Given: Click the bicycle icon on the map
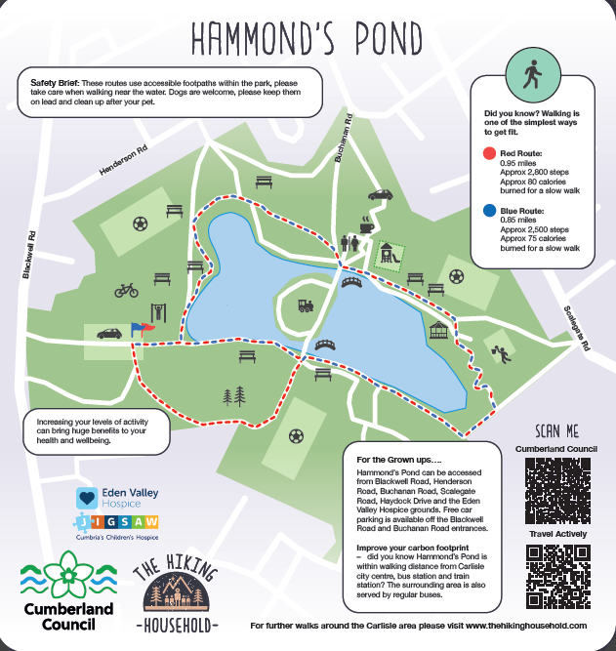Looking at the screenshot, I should (127, 290).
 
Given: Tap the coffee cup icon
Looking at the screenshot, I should (366, 224).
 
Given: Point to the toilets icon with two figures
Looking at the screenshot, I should (349, 242).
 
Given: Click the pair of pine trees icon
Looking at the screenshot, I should (234, 395).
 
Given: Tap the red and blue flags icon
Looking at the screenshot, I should (143, 330).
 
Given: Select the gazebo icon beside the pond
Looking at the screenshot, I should (441, 333).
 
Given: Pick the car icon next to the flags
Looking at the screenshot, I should (108, 333).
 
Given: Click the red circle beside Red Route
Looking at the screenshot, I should (489, 154).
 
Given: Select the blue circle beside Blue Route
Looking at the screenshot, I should (489, 210).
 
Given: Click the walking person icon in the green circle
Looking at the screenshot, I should (533, 73).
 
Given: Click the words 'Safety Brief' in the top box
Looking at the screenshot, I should (55, 80).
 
